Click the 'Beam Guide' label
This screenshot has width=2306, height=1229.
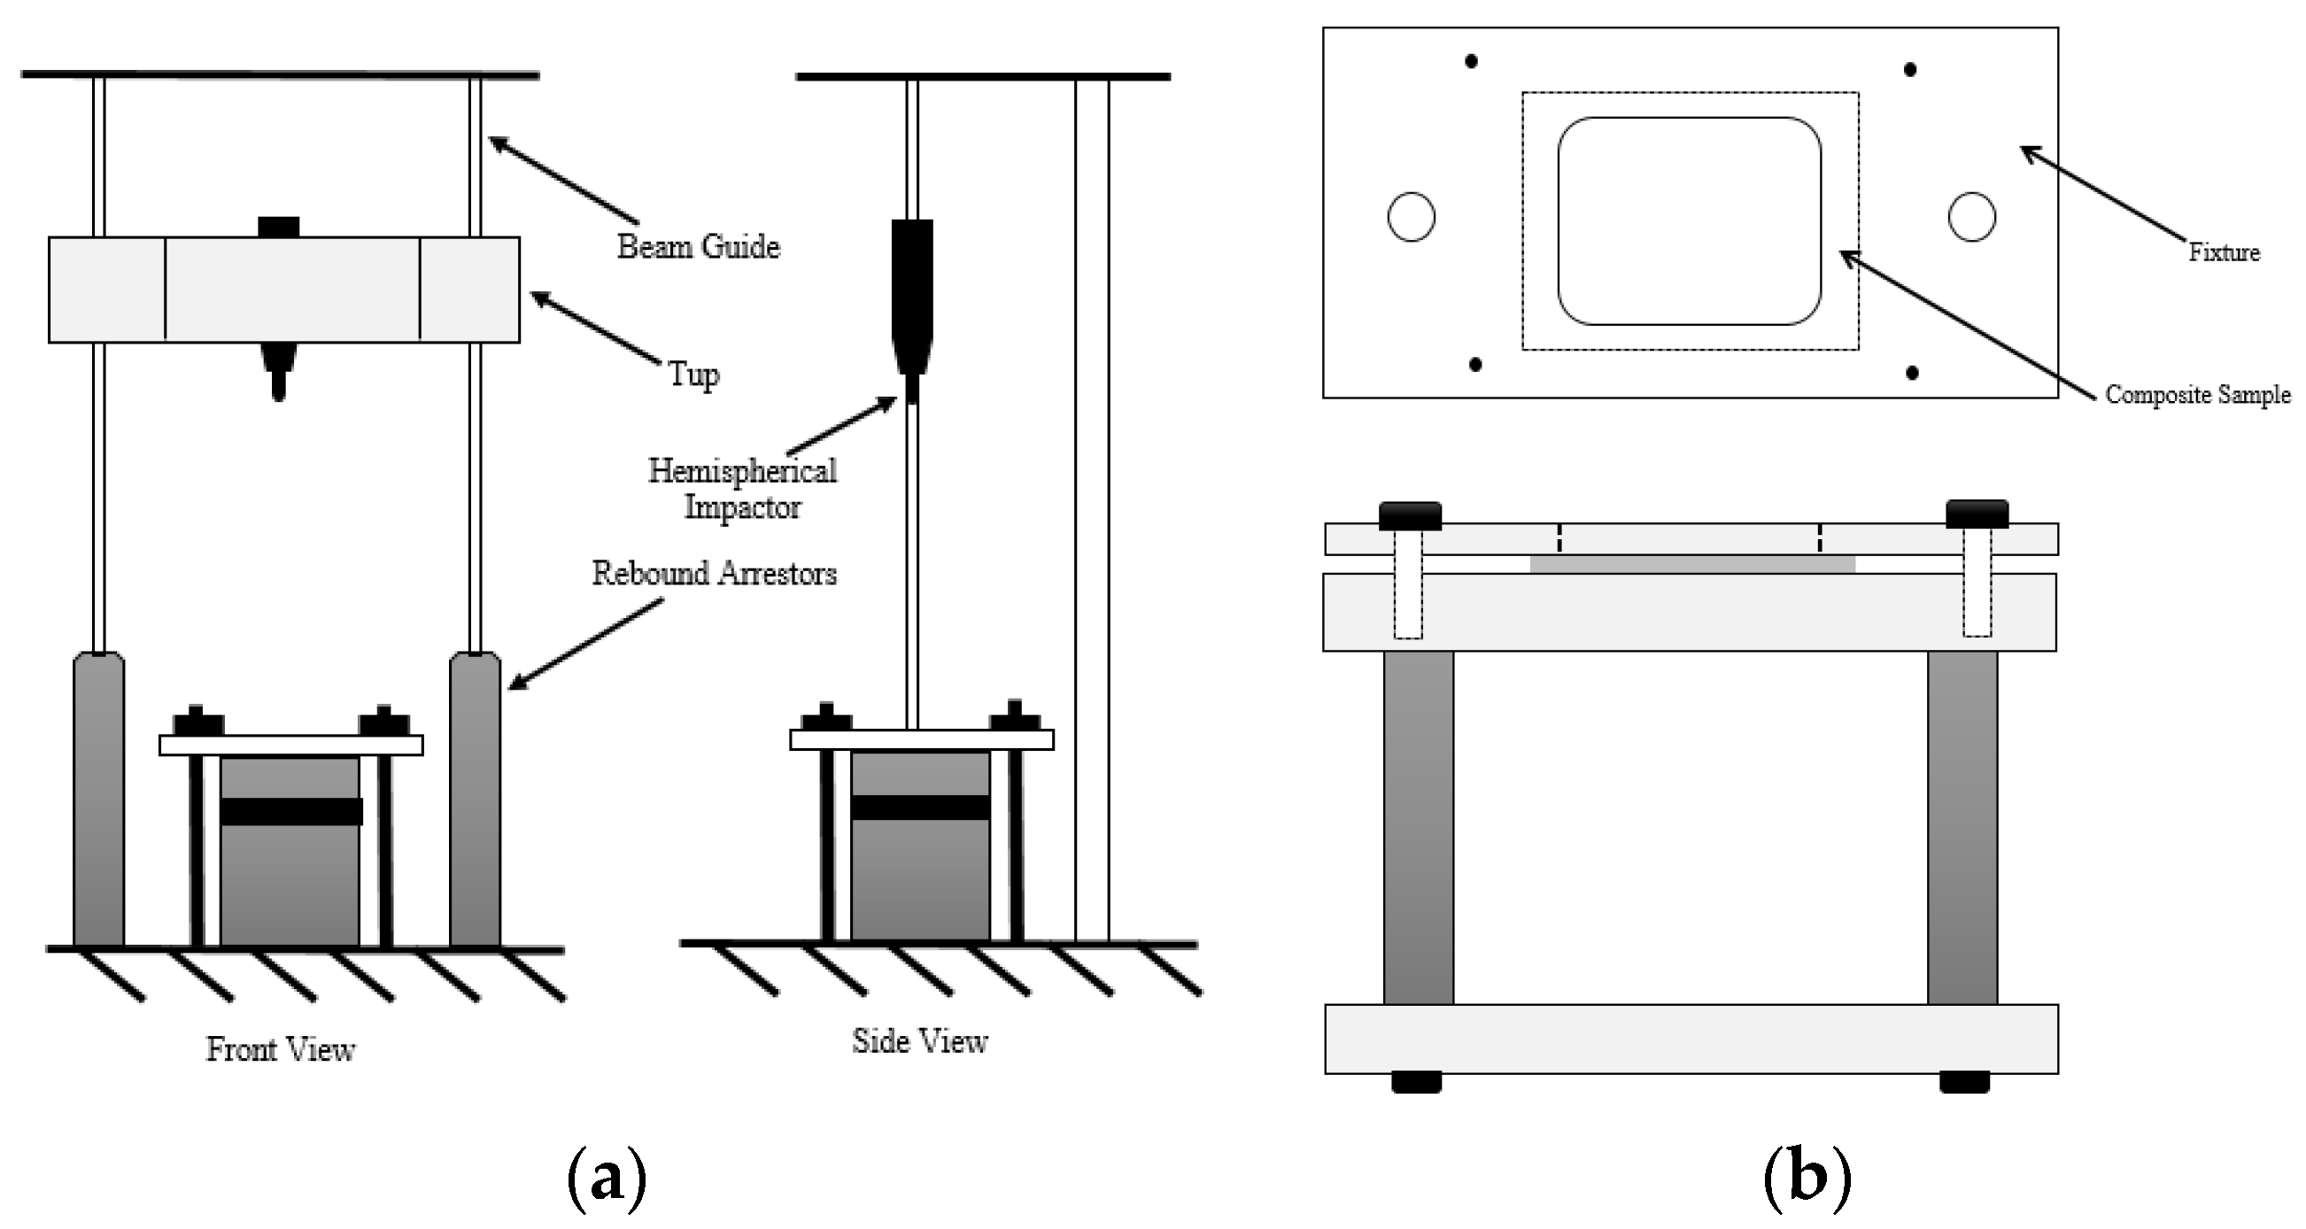[x=698, y=246]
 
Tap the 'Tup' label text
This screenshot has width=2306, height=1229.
[x=693, y=374]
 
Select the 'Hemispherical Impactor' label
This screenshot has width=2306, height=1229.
[x=742, y=489]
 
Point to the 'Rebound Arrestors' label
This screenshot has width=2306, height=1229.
[x=715, y=573]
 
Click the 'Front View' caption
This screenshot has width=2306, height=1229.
[x=280, y=1049]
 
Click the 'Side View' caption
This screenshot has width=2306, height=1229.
[x=919, y=1041]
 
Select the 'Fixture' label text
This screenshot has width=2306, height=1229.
[x=2224, y=252]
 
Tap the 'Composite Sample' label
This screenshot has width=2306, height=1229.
[x=2197, y=395]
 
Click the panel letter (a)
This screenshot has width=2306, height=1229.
[x=607, y=1179]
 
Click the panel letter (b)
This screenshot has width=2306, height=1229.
[x=1807, y=1179]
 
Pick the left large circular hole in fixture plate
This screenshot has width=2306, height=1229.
[x=1411, y=217]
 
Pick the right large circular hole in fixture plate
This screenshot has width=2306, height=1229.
[x=1971, y=217]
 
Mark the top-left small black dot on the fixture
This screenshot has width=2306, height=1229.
[x=1471, y=61]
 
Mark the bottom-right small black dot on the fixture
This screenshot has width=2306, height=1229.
[x=1912, y=373]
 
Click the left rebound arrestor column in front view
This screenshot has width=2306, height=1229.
[x=98, y=797]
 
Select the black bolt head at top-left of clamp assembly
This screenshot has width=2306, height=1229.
[x=1409, y=515]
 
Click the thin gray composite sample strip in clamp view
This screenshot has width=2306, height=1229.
[x=1692, y=564]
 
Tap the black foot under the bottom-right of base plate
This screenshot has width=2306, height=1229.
[x=1964, y=1081]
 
